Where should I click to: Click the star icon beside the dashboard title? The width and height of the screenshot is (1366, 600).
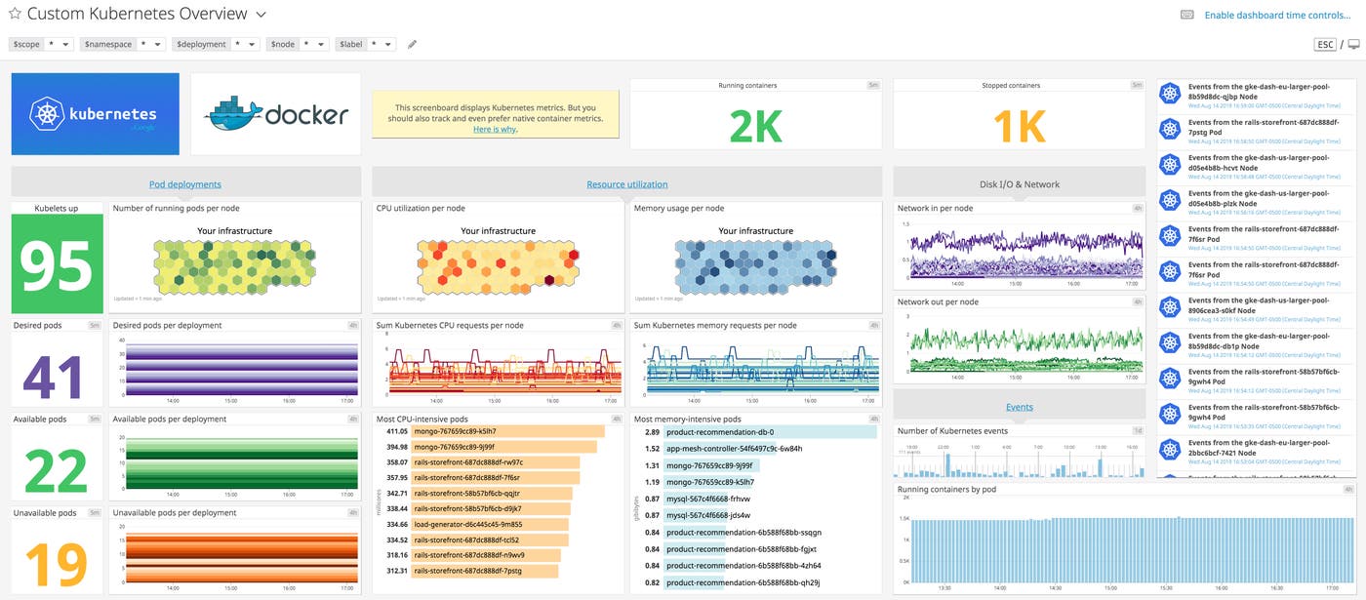coord(15,15)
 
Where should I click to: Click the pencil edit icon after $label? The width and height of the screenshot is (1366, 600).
coord(412,44)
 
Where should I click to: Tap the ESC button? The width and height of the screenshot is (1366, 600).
coord(1325,45)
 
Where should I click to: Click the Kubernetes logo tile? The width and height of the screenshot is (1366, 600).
coord(96,114)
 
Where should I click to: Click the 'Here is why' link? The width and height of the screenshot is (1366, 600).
coord(495,130)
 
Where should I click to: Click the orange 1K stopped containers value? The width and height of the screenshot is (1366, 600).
coord(1019,125)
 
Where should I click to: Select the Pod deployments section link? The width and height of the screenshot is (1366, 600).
coord(185,184)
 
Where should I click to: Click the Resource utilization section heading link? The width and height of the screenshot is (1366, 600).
coord(626,184)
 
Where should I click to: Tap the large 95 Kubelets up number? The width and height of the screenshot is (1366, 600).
coord(57,264)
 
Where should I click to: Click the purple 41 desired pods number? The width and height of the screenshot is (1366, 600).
coord(57,375)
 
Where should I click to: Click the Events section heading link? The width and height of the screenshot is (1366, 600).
coord(1019,407)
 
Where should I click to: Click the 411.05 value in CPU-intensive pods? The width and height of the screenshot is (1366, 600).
coord(397,431)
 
